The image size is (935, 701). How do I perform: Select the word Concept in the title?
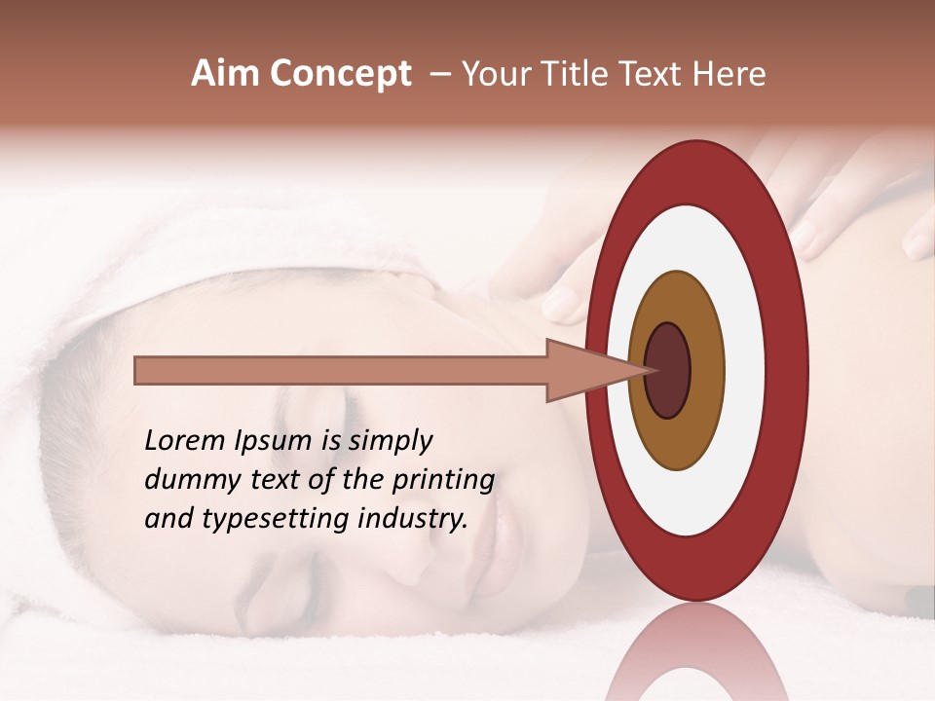341,75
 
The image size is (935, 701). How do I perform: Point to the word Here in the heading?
730,75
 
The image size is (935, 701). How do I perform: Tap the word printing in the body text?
442,480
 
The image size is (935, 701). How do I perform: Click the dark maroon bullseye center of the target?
668,370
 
